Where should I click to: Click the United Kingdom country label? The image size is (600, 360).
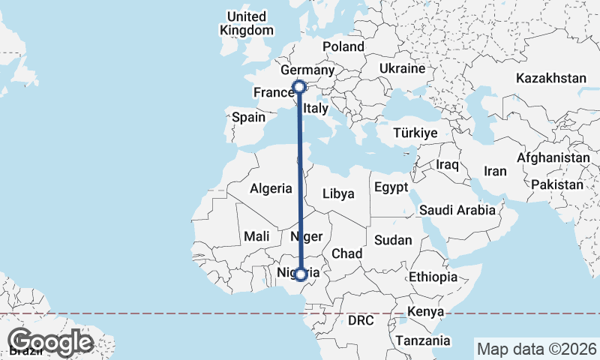tap(247, 23)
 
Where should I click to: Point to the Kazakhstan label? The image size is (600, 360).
tap(550, 78)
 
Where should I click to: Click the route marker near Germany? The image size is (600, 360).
tap(299, 87)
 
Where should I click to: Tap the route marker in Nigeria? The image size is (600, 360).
tap(301, 274)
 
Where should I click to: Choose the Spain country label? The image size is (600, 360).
tap(249, 117)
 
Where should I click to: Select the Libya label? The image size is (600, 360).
tap(337, 193)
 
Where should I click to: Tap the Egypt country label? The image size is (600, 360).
tap(391, 187)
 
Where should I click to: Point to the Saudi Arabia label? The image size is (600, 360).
tap(457, 210)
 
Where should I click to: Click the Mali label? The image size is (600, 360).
tap(256, 236)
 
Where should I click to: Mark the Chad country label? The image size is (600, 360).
tap(347, 253)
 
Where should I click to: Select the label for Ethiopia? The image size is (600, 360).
tap(433, 277)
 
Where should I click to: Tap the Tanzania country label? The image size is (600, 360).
tap(424, 340)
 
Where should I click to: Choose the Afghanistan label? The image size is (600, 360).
tap(553, 158)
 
